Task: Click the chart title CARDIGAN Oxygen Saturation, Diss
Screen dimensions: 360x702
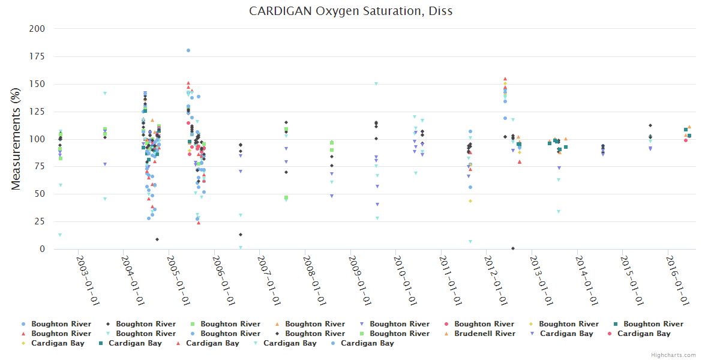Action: click(350, 11)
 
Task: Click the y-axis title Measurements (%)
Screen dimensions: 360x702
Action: click(16, 138)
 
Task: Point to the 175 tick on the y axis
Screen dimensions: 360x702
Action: click(37, 56)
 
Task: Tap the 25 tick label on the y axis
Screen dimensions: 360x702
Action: click(40, 221)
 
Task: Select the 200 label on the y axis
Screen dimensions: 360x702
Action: click(37, 29)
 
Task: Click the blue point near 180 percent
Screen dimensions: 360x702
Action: click(188, 50)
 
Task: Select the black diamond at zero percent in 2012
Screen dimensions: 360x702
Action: click(513, 248)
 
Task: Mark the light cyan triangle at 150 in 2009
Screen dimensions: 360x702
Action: click(376, 83)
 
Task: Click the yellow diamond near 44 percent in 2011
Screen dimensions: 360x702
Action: click(470, 201)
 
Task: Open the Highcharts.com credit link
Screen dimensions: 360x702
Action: click(673, 355)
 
